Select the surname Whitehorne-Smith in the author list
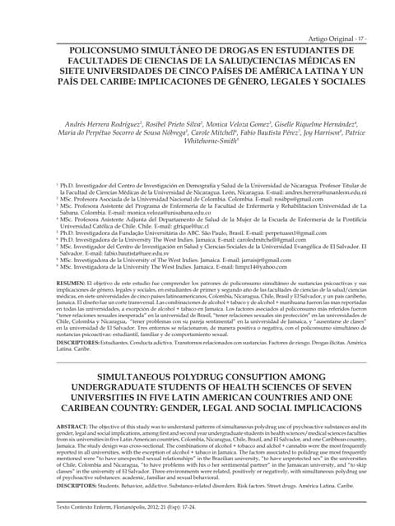point(197,164)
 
